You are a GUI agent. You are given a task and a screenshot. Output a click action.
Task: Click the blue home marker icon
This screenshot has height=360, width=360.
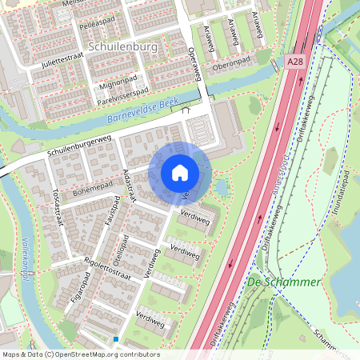pos(180,173)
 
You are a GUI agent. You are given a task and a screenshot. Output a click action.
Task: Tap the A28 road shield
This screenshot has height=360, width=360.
pos(294,61)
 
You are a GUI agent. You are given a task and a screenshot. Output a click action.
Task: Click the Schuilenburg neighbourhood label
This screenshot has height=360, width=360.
pos(126,47)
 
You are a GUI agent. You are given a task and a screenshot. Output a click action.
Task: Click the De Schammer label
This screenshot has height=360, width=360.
pos(283,282)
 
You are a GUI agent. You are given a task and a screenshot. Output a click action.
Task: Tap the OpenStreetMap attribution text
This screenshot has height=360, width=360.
pos(80,354)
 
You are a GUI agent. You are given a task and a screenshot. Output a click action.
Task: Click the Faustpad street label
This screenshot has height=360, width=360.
pos(110,218)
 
